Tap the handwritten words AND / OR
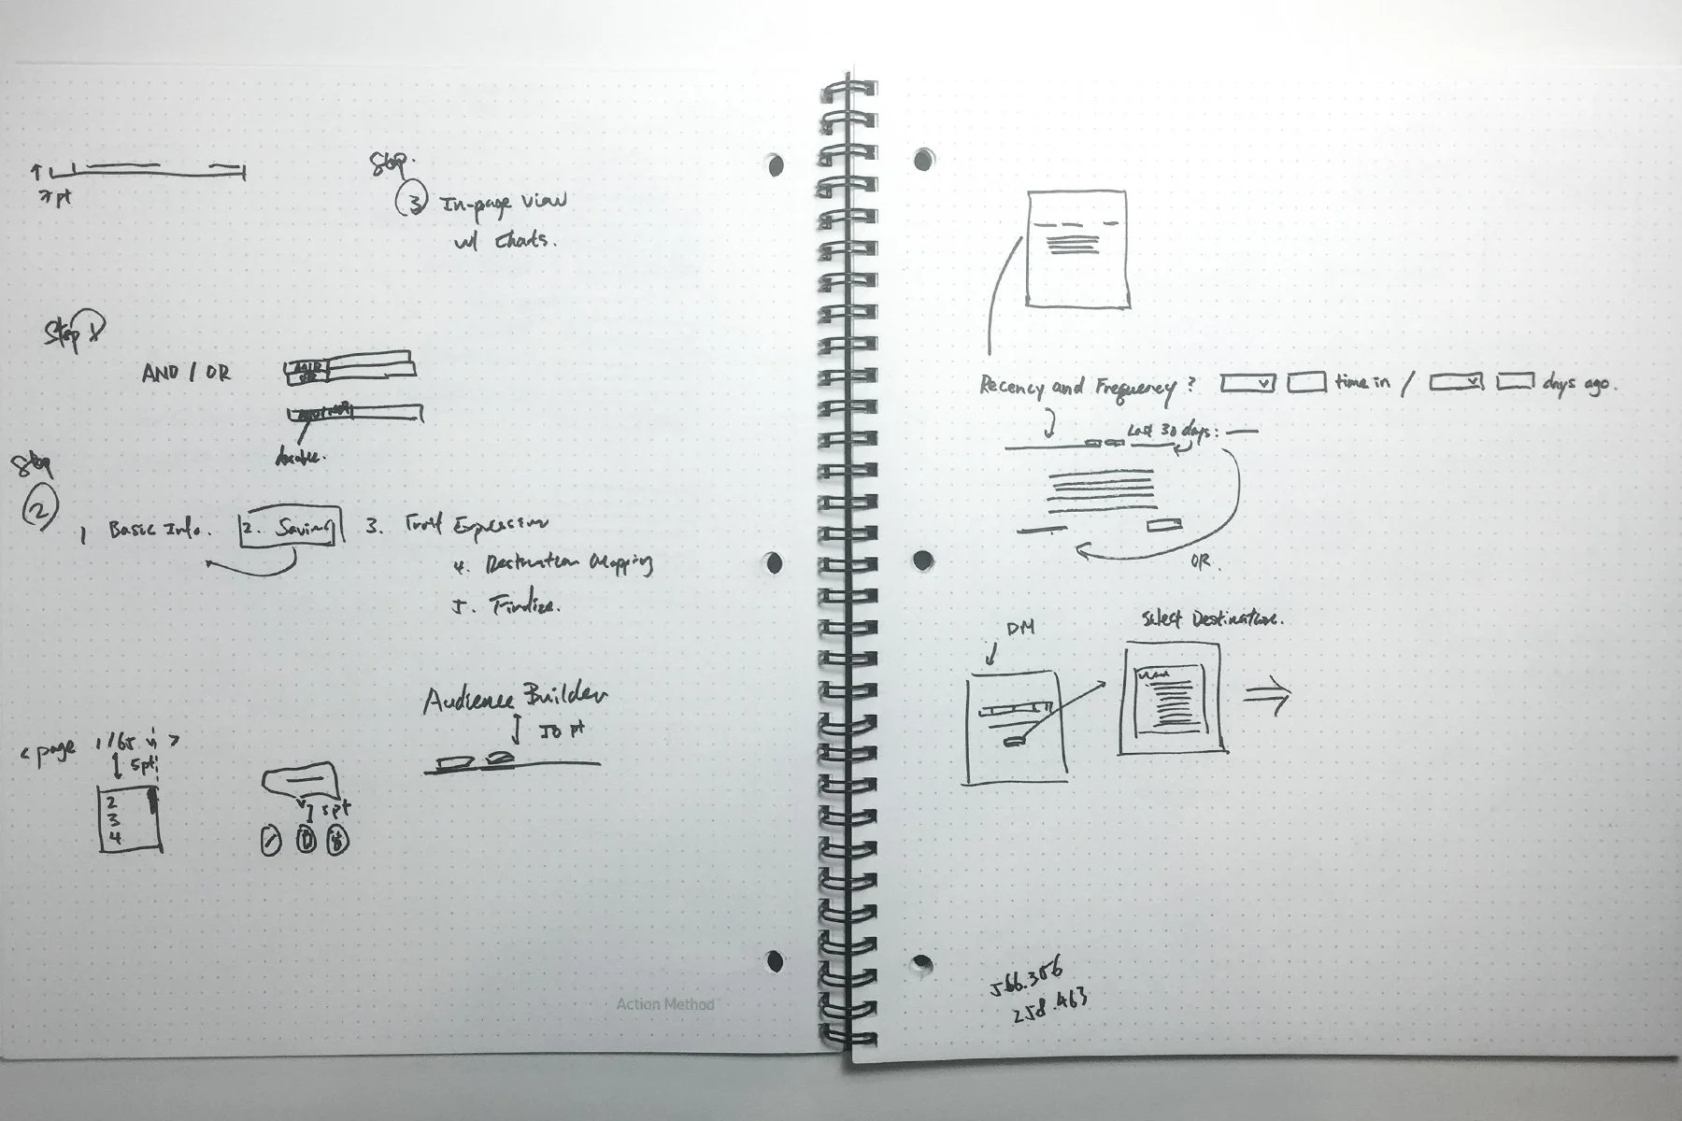[186, 373]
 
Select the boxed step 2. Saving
[291, 529]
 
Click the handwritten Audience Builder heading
[515, 698]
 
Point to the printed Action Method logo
[665, 1004]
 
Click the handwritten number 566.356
[1026, 979]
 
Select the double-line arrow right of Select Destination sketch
[1268, 696]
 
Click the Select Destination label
[1212, 618]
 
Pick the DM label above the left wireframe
[1019, 629]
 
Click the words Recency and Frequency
[1075, 387]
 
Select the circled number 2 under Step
[40, 510]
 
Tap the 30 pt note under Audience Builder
[562, 731]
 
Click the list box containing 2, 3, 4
[129, 818]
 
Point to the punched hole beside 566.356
[921, 962]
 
